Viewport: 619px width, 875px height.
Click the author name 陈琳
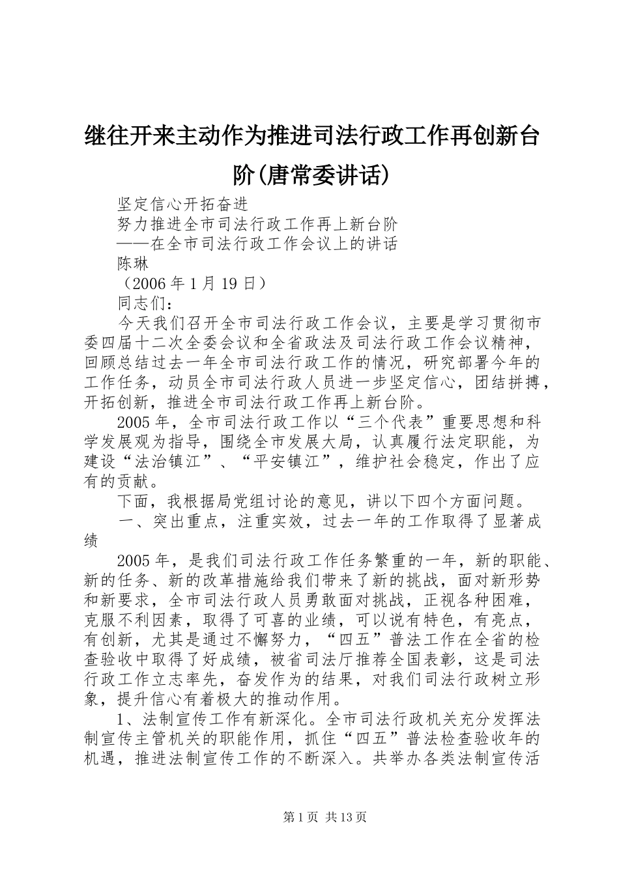(x=133, y=264)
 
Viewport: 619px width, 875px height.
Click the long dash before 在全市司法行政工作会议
(x=133, y=244)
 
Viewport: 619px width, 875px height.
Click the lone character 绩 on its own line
(x=92, y=541)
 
